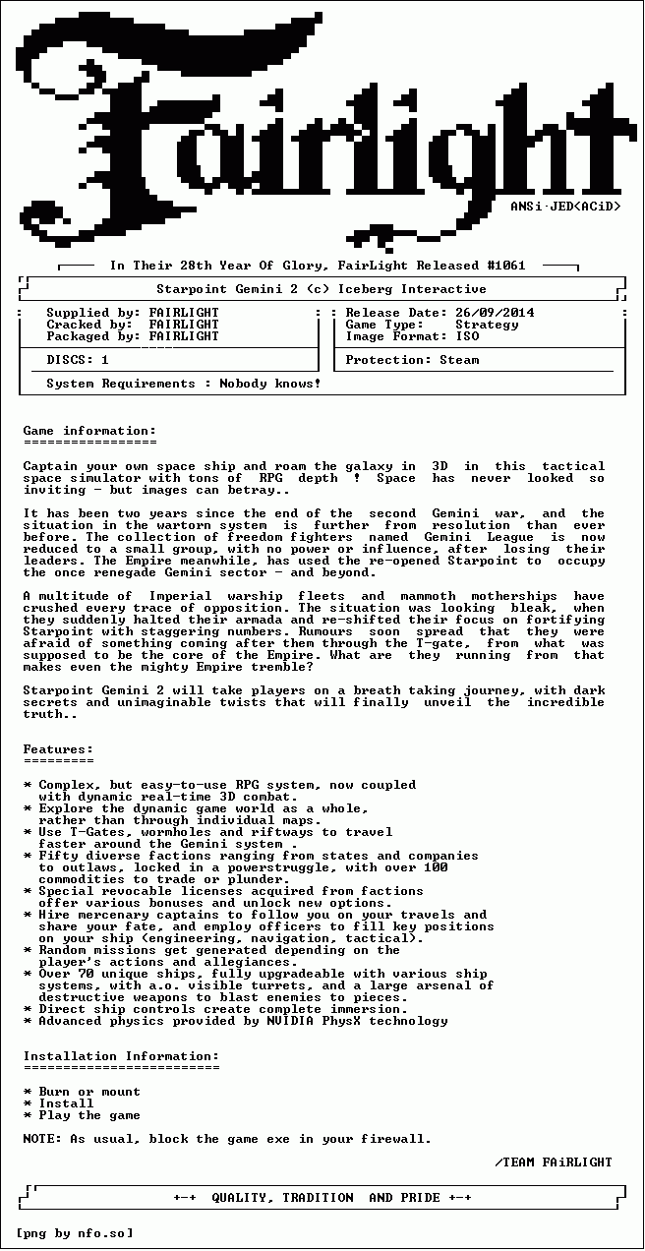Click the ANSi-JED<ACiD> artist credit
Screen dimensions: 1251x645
565,207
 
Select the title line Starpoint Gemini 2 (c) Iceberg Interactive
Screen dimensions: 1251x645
322,289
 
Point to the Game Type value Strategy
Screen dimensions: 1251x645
487,325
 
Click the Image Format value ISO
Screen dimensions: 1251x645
467,336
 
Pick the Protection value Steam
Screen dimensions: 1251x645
459,360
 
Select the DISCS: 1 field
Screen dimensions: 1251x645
78,360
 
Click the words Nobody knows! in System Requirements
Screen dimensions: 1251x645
270,384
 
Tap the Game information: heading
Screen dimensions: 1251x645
89,431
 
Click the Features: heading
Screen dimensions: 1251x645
59,749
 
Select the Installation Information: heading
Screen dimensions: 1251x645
121,1056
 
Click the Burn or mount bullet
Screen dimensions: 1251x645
89,1092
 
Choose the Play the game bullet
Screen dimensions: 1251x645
89,1115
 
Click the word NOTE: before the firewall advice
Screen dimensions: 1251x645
42,1139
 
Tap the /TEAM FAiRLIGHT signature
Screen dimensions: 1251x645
554,1162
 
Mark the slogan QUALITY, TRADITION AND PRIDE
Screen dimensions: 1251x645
322,1198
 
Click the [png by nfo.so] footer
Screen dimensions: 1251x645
74,1233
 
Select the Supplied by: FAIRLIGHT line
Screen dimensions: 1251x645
133,313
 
